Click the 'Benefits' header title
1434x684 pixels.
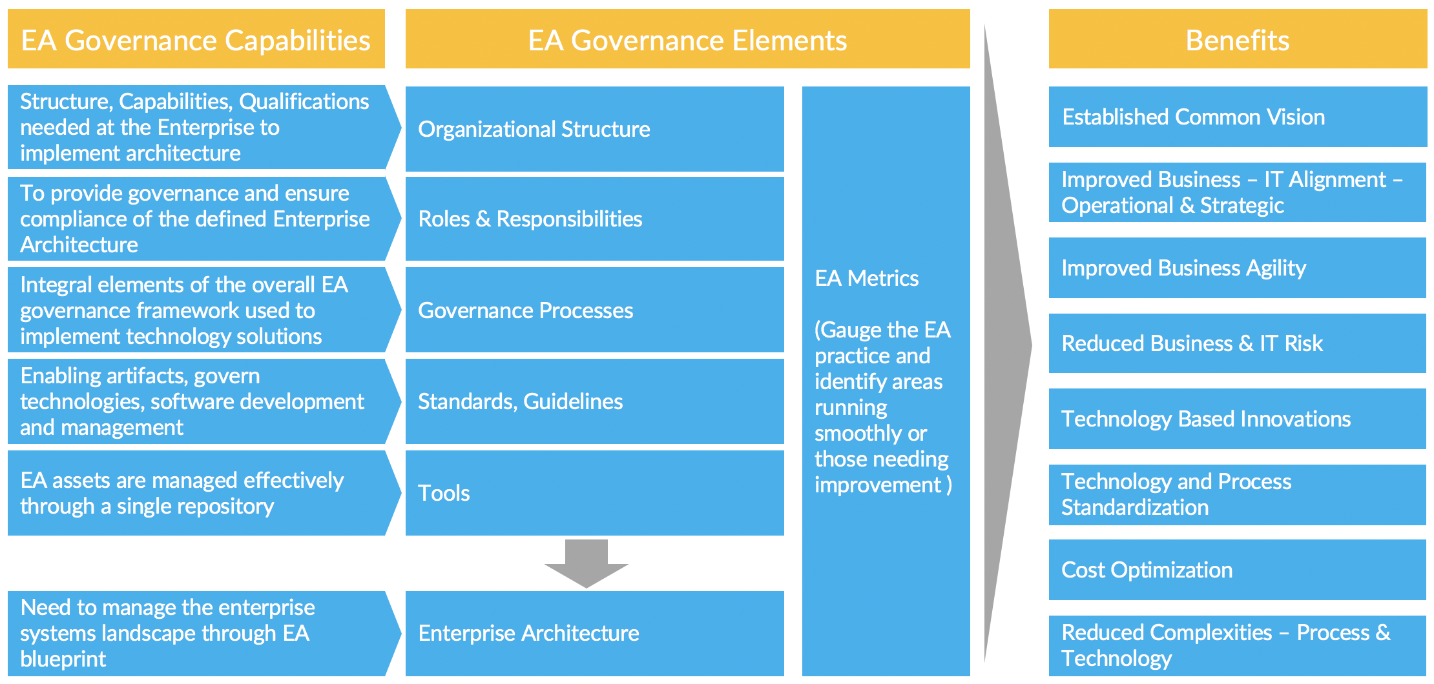pos(1237,40)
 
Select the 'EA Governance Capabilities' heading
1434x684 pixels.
pos(196,40)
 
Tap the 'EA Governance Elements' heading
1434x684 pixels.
pos(687,40)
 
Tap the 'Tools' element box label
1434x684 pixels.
pos(444,493)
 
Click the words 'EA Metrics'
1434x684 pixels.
pos(866,278)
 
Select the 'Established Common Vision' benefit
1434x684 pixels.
pos(1193,117)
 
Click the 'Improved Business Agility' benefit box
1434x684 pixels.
pos(1183,268)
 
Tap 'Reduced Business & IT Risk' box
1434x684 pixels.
pos(1192,343)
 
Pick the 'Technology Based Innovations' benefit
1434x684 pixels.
pos(1205,419)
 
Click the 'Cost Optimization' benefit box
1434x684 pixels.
pos(1147,570)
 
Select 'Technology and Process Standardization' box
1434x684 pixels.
pos(1176,494)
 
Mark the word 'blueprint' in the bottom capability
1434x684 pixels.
pos(63,659)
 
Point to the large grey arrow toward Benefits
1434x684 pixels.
pos(1008,345)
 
